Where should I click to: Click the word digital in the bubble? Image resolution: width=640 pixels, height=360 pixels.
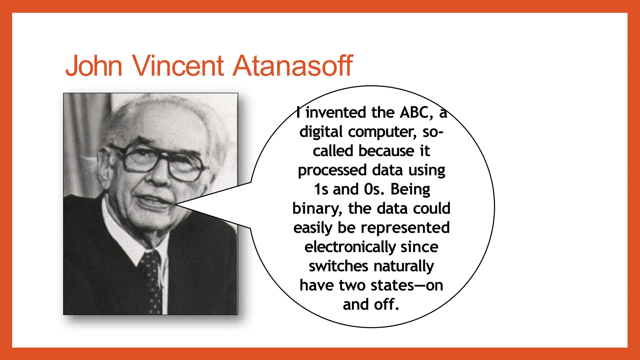(321, 132)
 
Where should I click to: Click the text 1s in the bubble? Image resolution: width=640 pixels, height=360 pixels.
(321, 189)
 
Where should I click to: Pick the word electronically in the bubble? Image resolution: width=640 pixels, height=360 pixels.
(350, 247)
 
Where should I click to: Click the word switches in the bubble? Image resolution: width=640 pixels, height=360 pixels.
(338, 266)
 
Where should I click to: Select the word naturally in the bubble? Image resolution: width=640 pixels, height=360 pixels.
(403, 266)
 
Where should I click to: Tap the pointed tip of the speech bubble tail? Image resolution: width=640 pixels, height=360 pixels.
(176, 204)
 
